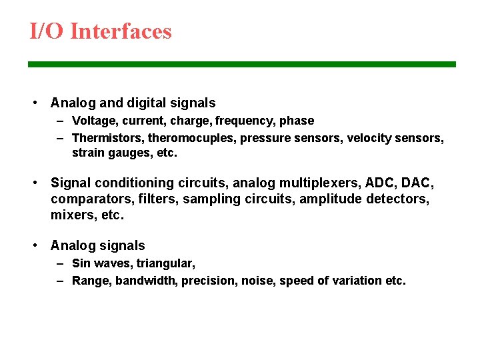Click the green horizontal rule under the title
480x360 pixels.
[241, 64]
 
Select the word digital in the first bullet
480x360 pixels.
[149, 103]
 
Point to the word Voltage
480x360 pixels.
[93, 121]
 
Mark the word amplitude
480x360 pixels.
[331, 199]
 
